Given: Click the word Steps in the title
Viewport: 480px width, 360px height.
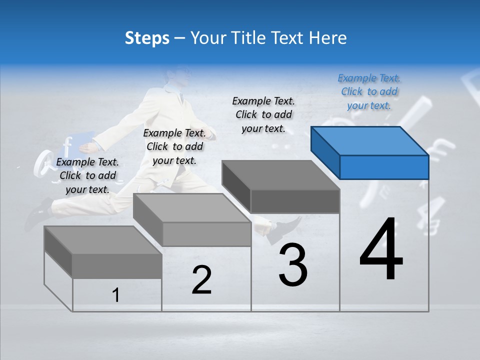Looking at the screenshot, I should pos(147,38).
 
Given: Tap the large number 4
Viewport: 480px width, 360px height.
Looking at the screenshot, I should pos(381,250).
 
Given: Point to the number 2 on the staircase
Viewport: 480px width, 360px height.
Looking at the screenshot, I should pos(201,280).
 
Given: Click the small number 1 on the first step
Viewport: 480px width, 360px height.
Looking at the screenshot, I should pos(116,295).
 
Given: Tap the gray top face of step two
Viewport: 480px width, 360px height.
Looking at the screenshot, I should pos(192,207).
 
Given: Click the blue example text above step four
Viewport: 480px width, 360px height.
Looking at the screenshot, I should pos(369,91).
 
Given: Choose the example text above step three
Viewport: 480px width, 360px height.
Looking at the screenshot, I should pos(263,114).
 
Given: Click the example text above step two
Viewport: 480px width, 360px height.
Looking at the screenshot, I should pos(174,146).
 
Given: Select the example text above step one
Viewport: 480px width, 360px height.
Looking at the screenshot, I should pos(87,175).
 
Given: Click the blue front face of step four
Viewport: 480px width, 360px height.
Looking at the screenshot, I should pos(384,167).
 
